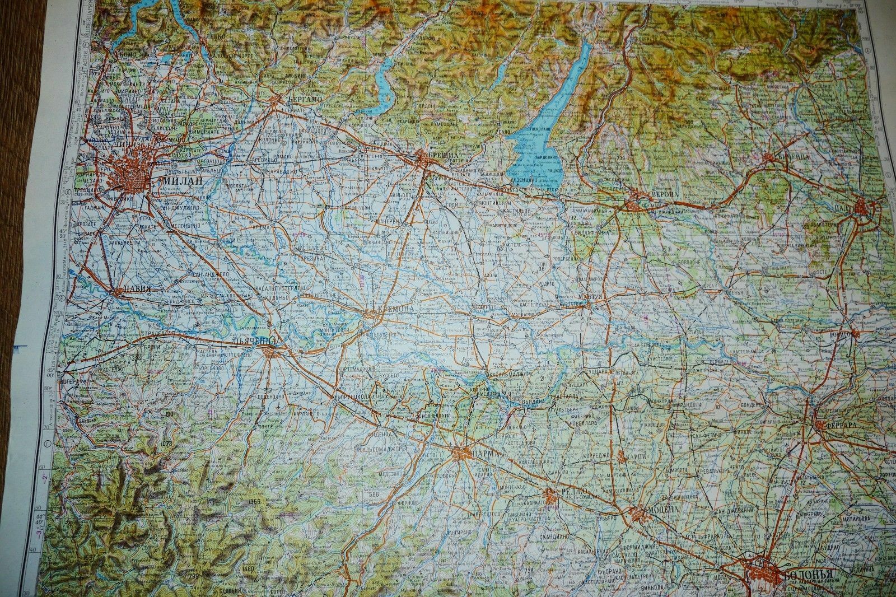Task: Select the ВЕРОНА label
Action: [x=664, y=194]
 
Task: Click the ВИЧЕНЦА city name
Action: [x=791, y=158]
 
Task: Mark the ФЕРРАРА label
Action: [x=840, y=425]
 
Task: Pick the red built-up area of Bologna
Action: [x=763, y=573]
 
